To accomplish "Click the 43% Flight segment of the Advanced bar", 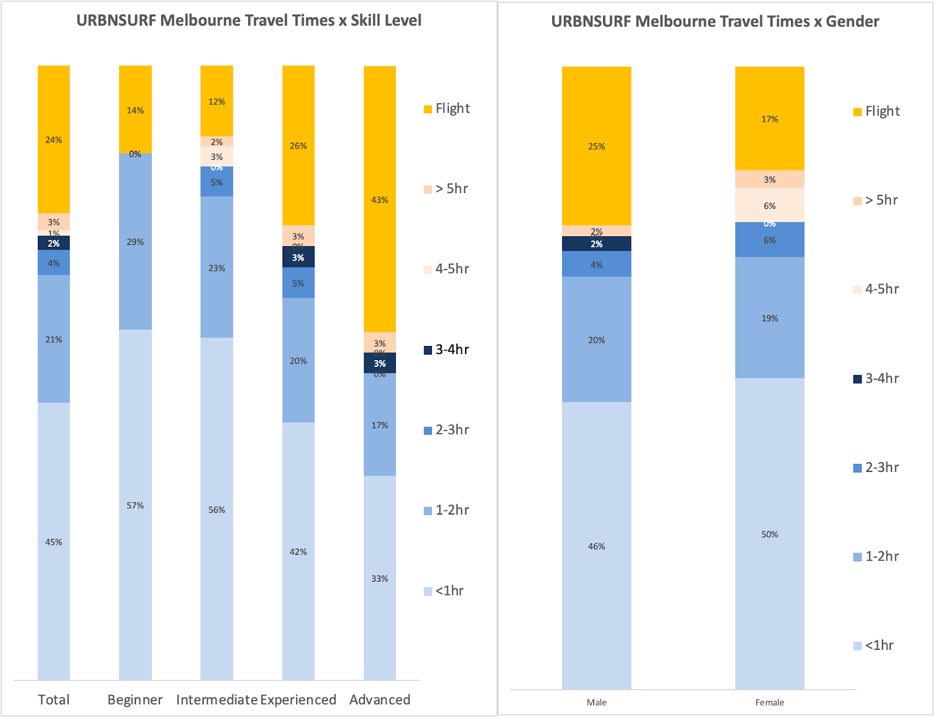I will [379, 200].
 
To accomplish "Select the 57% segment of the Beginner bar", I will [135, 505].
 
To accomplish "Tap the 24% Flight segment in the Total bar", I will [54, 139].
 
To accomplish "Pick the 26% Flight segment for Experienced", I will [298, 145].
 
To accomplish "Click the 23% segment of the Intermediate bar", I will [217, 268].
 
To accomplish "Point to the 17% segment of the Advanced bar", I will [379, 425].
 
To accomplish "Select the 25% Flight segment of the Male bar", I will [596, 146].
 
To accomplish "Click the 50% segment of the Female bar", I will [769, 534].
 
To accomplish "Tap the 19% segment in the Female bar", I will [769, 318].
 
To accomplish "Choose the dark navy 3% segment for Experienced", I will [298, 257].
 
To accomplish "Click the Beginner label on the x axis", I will [135, 699].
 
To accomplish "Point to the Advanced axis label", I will [379, 699].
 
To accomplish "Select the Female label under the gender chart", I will [769, 702].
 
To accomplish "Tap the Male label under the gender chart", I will [596, 702].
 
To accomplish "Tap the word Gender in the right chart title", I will [852, 22].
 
